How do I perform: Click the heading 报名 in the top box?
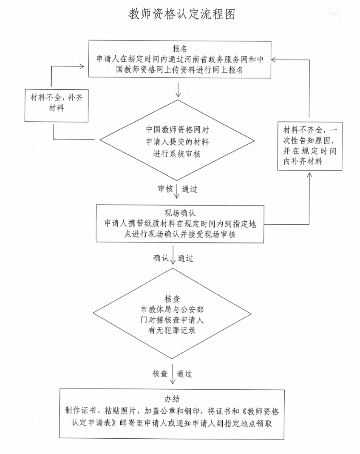tap(179, 48)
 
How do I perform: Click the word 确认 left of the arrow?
tap(162, 258)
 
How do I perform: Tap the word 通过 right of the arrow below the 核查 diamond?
tap(184, 374)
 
